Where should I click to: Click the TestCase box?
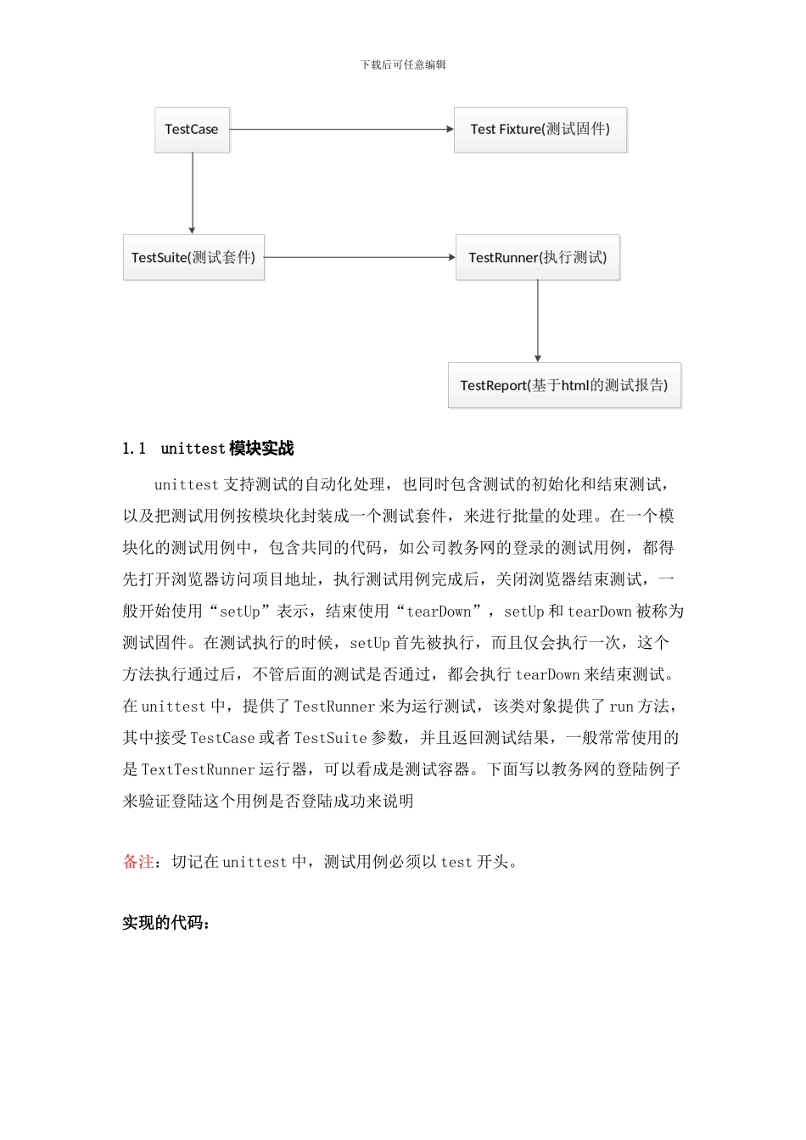(x=192, y=130)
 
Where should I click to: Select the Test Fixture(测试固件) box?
(x=540, y=130)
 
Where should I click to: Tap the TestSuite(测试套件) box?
(x=193, y=257)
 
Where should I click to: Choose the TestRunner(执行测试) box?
(x=538, y=257)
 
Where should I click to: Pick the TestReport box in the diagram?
(x=564, y=385)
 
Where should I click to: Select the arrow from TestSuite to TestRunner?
(x=360, y=257)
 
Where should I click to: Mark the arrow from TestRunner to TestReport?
(x=538, y=321)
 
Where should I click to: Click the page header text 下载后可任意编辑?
(x=403, y=64)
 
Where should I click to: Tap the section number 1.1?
(x=134, y=449)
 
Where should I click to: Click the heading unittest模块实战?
(x=227, y=449)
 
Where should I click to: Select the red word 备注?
(x=138, y=862)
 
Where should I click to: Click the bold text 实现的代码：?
(x=165, y=923)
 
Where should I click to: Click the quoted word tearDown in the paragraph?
(x=439, y=612)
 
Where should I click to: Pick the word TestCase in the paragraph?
(x=222, y=738)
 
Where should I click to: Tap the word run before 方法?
(x=621, y=707)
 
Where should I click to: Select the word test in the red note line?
(x=456, y=863)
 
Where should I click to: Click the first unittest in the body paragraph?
(x=187, y=485)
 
